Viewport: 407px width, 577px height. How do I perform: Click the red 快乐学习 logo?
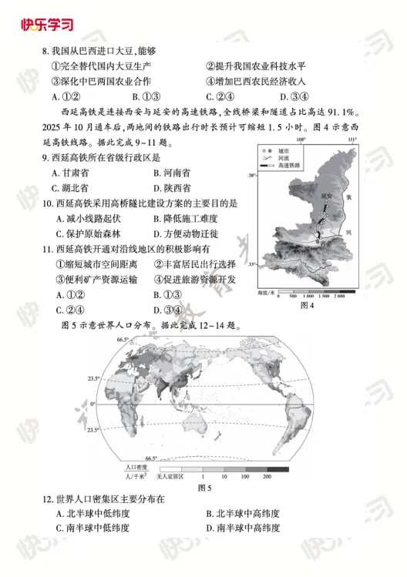[x=47, y=24]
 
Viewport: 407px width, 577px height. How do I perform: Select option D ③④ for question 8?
[x=293, y=97]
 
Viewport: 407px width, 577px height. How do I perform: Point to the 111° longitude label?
[x=351, y=139]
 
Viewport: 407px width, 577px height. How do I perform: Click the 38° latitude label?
[x=252, y=176]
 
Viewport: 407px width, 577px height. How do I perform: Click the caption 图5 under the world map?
[x=204, y=487]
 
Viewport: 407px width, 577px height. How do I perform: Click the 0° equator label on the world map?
[x=91, y=403]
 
